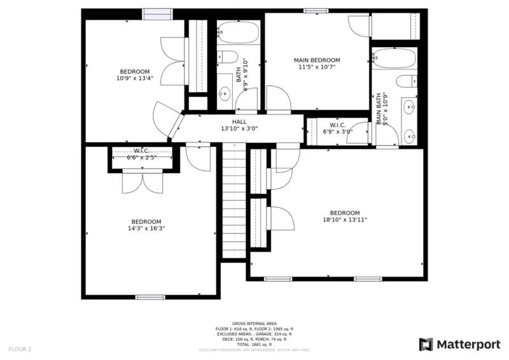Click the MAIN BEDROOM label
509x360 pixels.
click(x=316, y=60)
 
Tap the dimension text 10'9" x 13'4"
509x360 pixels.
click(x=134, y=79)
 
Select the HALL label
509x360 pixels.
click(x=239, y=121)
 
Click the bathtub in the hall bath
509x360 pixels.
click(x=239, y=32)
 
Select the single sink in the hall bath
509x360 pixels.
click(x=224, y=95)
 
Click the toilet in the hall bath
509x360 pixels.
click(x=225, y=57)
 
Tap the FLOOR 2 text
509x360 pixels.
click(x=20, y=349)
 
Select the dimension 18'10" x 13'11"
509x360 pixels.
click(x=344, y=220)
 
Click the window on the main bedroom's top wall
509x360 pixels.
click(x=316, y=11)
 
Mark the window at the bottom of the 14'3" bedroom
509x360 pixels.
click(x=150, y=296)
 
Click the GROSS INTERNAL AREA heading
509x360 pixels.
click(x=254, y=324)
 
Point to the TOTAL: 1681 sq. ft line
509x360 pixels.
click(x=254, y=344)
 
